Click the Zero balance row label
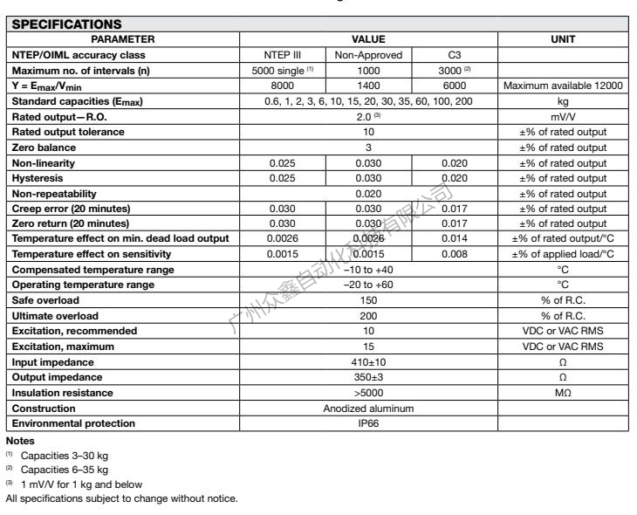click(40, 148)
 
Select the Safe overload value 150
click(368, 299)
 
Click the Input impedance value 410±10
click(368, 360)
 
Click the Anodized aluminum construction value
click(368, 408)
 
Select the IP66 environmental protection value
click(368, 422)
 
